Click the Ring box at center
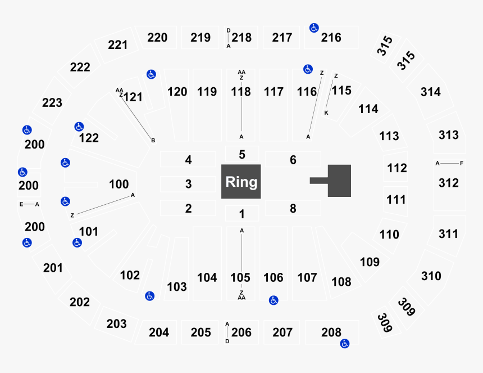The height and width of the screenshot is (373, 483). [241, 182]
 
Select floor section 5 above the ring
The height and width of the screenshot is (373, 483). [241, 154]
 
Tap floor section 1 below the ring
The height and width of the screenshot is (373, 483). [241, 214]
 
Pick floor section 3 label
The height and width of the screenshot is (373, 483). [189, 184]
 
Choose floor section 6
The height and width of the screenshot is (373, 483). [293, 160]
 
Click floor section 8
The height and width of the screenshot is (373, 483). [293, 208]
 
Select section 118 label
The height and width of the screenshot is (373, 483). [241, 92]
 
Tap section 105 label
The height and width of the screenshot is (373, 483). [240, 277]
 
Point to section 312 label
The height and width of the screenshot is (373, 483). [449, 183]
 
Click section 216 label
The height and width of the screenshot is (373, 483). [331, 38]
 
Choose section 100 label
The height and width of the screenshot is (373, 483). [119, 184]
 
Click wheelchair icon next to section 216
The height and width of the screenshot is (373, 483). [314, 27]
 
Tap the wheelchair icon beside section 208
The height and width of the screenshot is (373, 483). [344, 343]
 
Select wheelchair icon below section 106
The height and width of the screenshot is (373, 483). [273, 300]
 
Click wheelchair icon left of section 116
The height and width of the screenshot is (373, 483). [307, 69]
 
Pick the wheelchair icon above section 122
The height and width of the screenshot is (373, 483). [79, 127]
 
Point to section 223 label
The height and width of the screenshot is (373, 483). [52, 103]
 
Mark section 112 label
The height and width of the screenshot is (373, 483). [397, 168]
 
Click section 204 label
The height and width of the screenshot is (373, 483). [159, 332]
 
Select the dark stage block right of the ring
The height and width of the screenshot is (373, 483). [339, 181]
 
